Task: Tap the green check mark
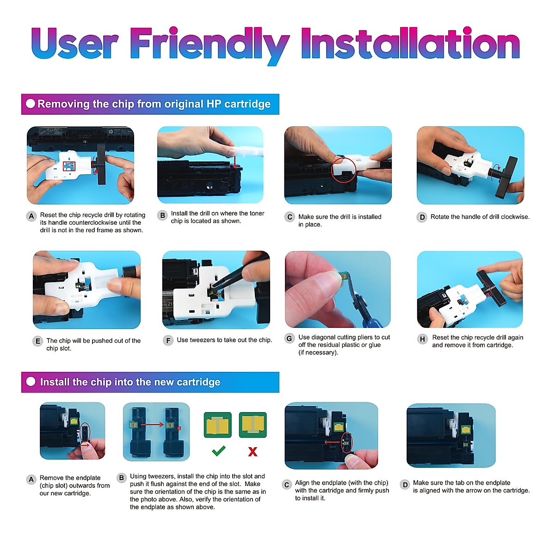point(219,451)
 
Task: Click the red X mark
point(253,451)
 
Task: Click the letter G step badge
point(289,338)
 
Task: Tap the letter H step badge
point(422,339)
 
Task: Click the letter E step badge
point(37,341)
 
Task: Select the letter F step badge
point(168,341)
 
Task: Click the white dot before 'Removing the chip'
point(31,104)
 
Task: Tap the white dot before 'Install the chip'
point(31,381)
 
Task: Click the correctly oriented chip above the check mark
point(218,425)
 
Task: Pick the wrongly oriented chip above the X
point(253,425)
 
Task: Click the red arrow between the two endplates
point(152,424)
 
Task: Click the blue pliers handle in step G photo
point(371,321)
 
